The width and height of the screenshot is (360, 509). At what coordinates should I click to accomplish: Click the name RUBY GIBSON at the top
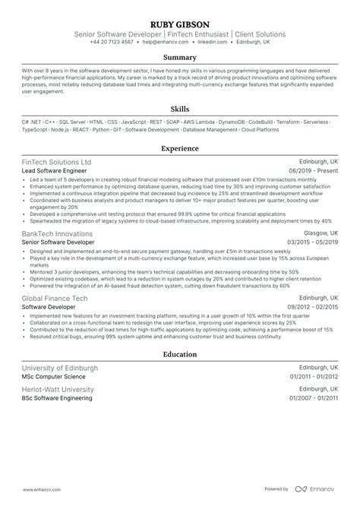(x=180, y=22)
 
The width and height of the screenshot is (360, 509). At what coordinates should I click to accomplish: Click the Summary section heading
(x=180, y=57)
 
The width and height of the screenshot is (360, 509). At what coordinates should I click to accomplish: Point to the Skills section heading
(x=180, y=109)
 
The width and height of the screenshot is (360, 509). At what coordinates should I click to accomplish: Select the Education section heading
(x=180, y=354)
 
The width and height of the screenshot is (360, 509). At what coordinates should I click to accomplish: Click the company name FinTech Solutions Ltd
(x=57, y=163)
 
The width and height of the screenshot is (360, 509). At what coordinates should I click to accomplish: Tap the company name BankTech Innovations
(x=58, y=231)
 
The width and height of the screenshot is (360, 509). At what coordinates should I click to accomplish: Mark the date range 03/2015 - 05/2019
(x=308, y=241)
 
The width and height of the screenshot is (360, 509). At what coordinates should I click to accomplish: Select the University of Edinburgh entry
(x=60, y=367)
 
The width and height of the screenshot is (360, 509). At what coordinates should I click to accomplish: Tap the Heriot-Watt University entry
(x=58, y=389)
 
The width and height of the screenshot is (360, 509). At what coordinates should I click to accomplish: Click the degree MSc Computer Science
(x=54, y=377)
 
